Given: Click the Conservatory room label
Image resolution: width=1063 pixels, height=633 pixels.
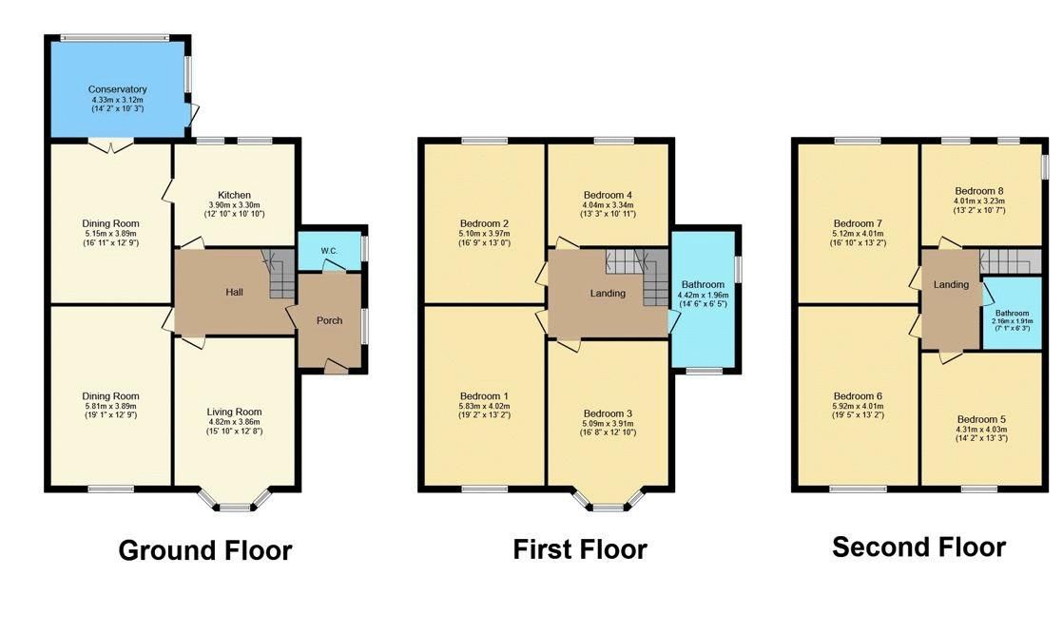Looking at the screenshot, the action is coord(117,89).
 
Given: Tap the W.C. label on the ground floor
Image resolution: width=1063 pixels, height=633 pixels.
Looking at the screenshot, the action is coord(330,251).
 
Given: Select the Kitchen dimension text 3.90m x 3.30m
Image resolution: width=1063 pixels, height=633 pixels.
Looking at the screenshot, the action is coord(234,204).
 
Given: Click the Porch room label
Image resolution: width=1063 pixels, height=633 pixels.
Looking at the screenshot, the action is coord(330,320).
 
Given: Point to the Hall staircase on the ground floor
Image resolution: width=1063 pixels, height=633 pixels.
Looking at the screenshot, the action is coord(280,274).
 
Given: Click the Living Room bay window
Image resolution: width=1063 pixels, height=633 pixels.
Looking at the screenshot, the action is coord(235,499).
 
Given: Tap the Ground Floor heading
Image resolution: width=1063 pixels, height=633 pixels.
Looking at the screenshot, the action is coord(205,550).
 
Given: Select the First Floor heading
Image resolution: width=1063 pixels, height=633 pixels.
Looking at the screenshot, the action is coord(580,549).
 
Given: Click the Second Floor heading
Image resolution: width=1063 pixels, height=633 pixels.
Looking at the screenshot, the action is coord(918,547).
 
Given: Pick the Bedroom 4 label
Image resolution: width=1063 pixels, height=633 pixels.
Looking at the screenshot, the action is coord(608,195).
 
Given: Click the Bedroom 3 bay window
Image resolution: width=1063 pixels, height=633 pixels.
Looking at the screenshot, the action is coord(609,499).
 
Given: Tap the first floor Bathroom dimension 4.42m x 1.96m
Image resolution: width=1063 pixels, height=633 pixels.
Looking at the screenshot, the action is coord(703,296).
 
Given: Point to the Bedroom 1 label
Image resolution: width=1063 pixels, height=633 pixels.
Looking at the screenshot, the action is coord(484,396).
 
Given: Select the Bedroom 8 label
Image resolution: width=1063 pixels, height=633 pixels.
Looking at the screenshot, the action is coord(979,191).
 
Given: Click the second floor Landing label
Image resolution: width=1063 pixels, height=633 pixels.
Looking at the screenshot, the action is coord(951,284).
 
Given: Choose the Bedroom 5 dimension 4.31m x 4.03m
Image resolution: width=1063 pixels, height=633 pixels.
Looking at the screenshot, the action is coord(981,429).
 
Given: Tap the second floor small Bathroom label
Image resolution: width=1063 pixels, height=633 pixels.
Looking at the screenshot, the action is coord(1012,313).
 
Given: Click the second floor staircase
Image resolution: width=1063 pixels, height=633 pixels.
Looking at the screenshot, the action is coord(1010,261).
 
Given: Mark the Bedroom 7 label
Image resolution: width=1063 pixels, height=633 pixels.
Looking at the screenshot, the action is coord(858,223).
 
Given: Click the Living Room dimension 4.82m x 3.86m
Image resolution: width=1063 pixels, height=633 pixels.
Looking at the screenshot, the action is coord(234,422).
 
